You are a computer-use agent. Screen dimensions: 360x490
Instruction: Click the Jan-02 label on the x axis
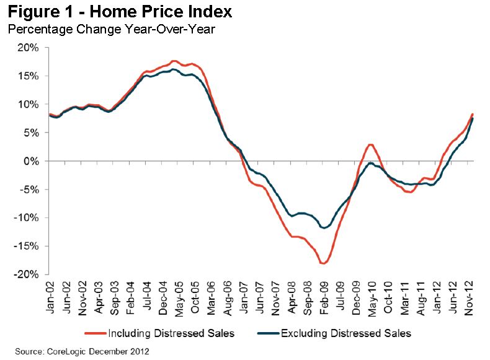52,296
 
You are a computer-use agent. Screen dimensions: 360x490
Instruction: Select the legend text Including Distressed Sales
171,333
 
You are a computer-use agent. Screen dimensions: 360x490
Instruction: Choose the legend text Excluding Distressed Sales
346,333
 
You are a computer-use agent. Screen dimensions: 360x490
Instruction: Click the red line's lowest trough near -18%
323,263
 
